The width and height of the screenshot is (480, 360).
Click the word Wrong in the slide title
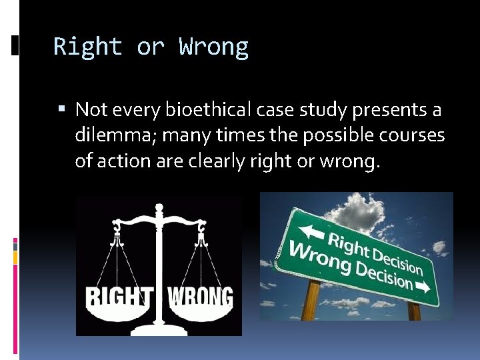pos(213,47)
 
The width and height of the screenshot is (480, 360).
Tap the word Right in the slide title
pos(88,47)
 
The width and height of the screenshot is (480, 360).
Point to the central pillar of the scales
pos(159,267)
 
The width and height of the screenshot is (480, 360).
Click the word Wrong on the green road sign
pos(314,257)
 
